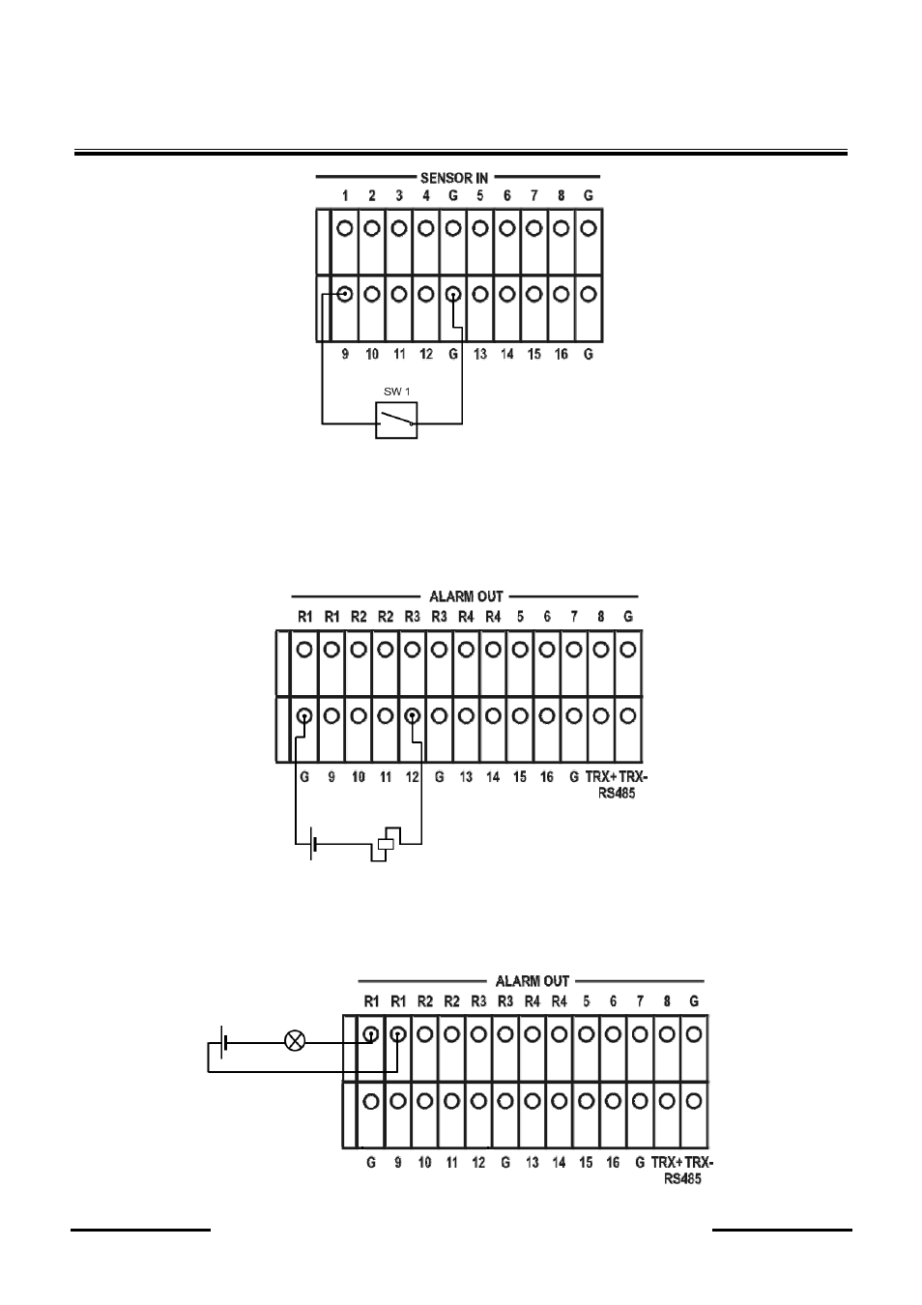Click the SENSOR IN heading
[453, 177]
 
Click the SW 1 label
[396, 391]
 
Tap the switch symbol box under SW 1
[396, 420]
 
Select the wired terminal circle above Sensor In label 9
[345, 294]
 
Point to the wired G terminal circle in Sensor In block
[453, 295]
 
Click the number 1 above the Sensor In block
[345, 195]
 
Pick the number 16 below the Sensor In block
[561, 354]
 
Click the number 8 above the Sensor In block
[561, 195]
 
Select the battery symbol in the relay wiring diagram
[313, 843]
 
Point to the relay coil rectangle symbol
[386, 844]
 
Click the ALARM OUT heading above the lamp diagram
[532, 981]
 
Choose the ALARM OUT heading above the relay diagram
[466, 596]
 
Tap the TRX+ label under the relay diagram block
[601, 776]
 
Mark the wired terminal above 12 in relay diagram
[413, 715]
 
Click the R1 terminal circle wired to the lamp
[371, 1034]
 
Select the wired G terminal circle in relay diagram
[304, 715]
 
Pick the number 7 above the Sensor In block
[533, 195]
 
